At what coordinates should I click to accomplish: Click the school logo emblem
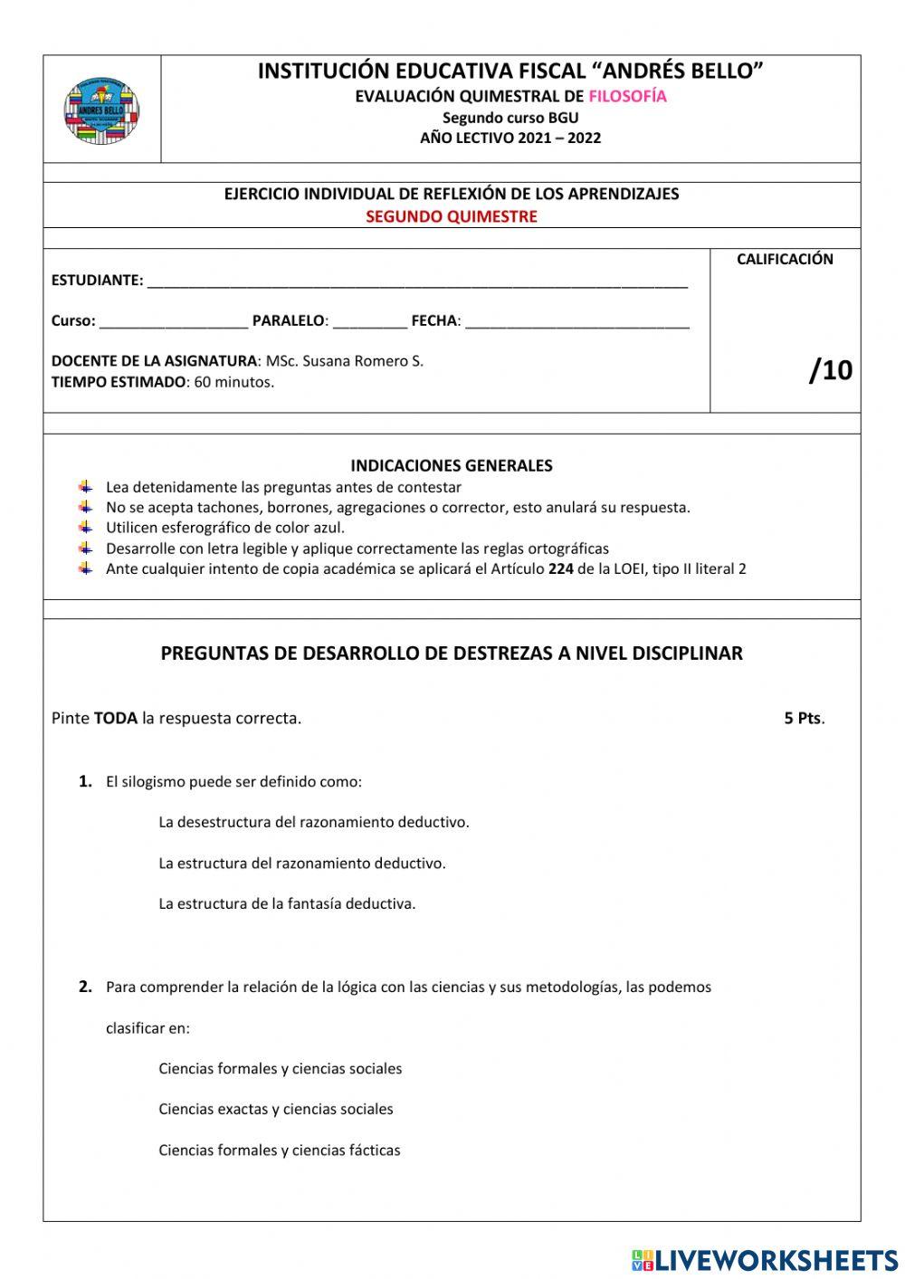[x=101, y=110]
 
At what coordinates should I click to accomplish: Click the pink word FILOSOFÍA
[x=627, y=97]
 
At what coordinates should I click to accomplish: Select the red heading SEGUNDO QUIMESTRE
[x=451, y=216]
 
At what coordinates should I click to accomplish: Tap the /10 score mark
[x=830, y=370]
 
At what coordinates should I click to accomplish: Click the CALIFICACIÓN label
[x=784, y=259]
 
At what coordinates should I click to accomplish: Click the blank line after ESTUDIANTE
[x=416, y=282]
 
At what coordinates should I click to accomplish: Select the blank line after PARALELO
[x=369, y=322]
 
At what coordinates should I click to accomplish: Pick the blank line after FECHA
[x=576, y=322]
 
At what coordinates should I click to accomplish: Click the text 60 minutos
[x=233, y=382]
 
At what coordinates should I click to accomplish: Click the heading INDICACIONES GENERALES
[x=451, y=466]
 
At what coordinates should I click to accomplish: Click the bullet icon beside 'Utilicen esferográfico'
[x=86, y=527]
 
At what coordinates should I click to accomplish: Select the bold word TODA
[x=116, y=719]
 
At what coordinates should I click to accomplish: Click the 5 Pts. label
[x=804, y=719]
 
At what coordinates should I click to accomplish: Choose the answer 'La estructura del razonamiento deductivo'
[x=301, y=864]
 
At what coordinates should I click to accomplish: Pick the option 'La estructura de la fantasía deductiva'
[x=287, y=903]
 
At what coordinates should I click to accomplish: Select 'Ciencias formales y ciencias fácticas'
[x=279, y=1150]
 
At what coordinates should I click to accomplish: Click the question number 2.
[x=85, y=987]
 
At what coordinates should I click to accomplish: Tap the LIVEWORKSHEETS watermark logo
[x=764, y=1259]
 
